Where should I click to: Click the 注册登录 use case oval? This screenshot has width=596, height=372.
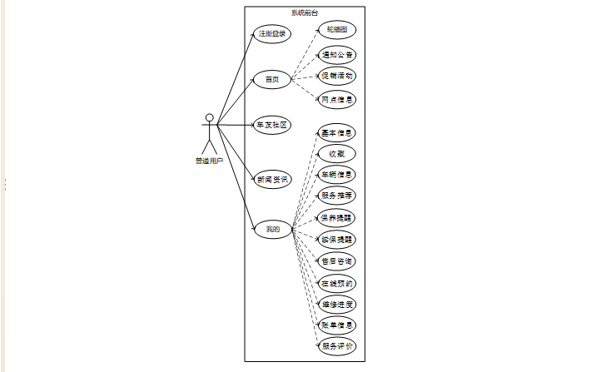pos(272,34)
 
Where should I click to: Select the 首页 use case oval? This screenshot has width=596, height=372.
pos(272,80)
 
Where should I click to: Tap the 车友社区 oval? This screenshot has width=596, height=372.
pos(272,125)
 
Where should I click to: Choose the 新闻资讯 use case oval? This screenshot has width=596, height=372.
pos(272,180)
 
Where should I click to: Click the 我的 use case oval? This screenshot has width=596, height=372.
pos(272,228)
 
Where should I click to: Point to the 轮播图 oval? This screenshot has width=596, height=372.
pos(337,29)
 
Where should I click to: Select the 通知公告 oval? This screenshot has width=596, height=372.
pos(337,55)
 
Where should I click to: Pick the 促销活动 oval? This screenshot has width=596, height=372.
pos(337,76)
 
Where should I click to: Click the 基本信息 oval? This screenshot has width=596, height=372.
pos(337,132)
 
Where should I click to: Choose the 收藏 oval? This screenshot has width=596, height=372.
pos(337,153)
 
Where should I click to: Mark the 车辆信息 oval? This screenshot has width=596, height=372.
pos(337,175)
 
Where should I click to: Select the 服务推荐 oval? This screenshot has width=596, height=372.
pos(337,196)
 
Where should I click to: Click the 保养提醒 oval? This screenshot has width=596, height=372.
pos(337,217)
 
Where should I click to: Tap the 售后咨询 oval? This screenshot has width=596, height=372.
pos(337,260)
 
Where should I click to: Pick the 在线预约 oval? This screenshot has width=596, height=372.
pos(337,283)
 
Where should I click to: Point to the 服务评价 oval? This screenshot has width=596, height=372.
pos(337,346)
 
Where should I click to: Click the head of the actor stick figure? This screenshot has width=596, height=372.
pos(210,117)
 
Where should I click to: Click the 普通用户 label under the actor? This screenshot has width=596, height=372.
pos(210,161)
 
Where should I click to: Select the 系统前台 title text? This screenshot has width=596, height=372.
pos(304,12)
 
